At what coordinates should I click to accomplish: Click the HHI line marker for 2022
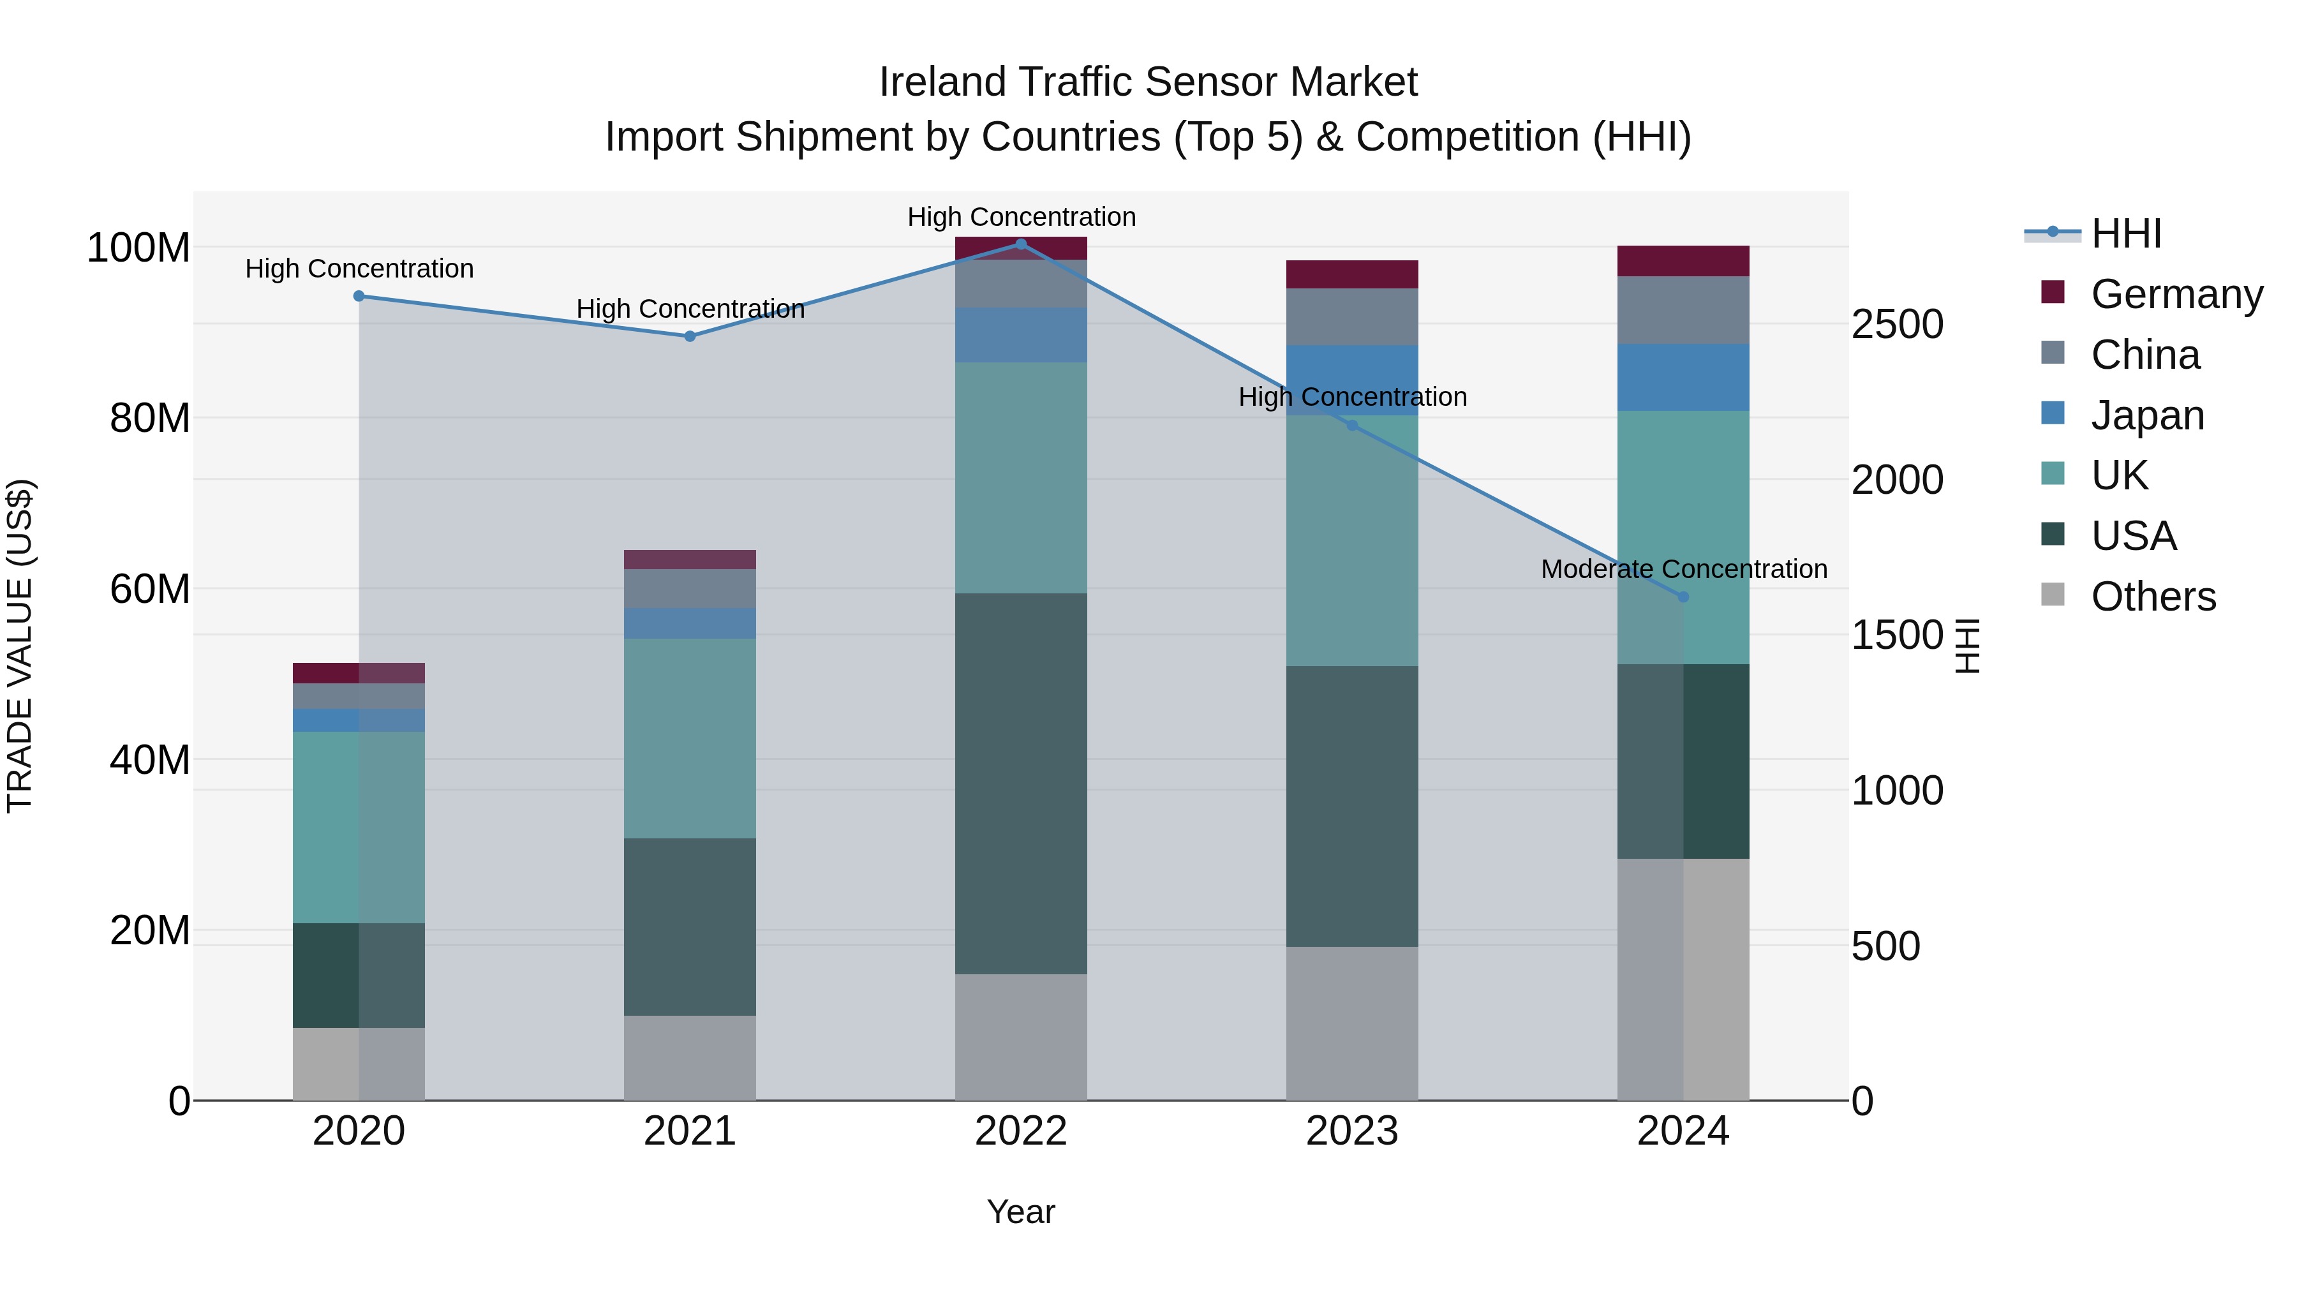point(1021,244)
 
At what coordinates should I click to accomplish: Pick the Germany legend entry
point(2176,294)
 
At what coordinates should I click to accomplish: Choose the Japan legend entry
point(2146,415)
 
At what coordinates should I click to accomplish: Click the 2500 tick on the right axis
point(1897,325)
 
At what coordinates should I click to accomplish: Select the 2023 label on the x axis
point(1352,1131)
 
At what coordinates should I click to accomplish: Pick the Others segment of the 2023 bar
point(1352,1023)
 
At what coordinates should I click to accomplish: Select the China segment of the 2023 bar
point(1352,316)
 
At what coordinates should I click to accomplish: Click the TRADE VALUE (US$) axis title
point(20,646)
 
